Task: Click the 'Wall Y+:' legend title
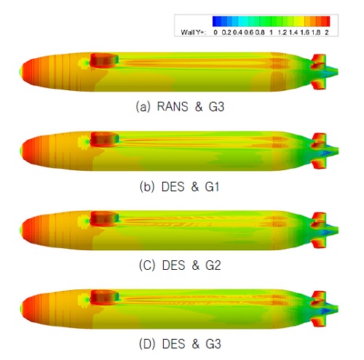tap(194, 33)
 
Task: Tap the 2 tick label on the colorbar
tap(328, 33)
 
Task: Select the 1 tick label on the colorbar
tap(271, 33)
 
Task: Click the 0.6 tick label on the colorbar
tap(248, 33)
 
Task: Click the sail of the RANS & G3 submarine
tap(101, 57)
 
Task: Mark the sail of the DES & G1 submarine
tap(101, 137)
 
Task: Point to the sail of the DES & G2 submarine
tap(101, 217)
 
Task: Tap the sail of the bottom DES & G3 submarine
tap(101, 296)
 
